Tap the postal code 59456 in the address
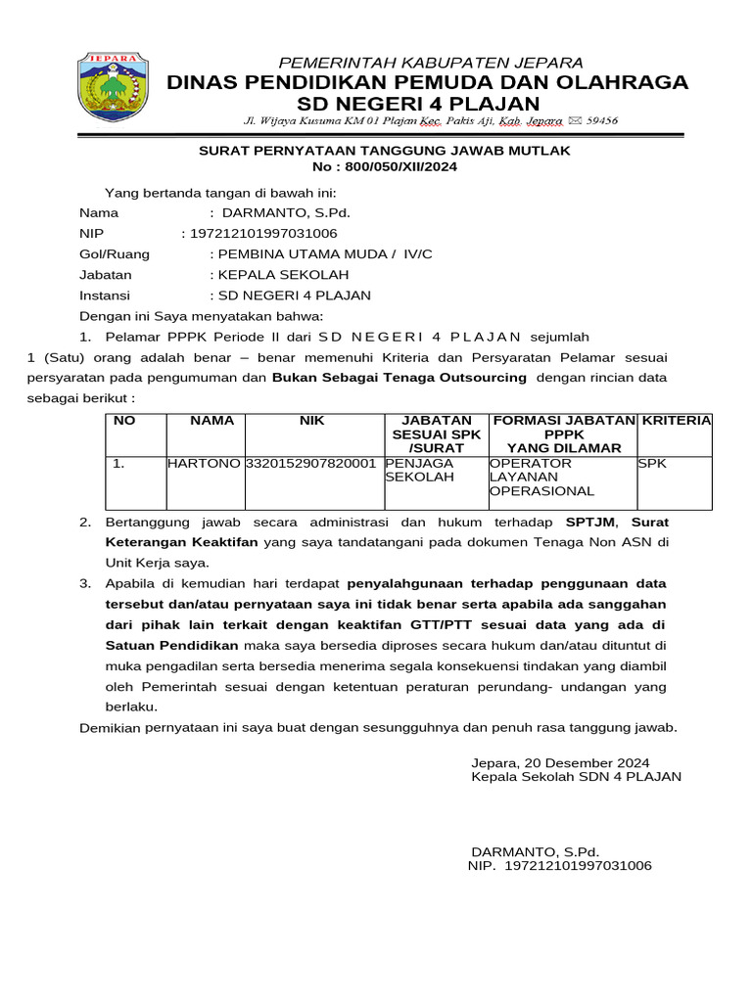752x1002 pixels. click(601, 120)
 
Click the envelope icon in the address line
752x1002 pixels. click(574, 120)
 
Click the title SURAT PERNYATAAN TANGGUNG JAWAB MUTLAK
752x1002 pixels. click(384, 151)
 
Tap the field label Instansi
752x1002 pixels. click(104, 296)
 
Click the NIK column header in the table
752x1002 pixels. click(311, 421)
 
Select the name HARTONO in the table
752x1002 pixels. click(204, 463)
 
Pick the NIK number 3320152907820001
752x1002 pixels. click(311, 463)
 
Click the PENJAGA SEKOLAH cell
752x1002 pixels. click(420, 470)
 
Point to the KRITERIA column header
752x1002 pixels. click(676, 421)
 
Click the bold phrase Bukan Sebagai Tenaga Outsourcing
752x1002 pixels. click(399, 378)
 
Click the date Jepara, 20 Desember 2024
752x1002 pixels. click(559, 762)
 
